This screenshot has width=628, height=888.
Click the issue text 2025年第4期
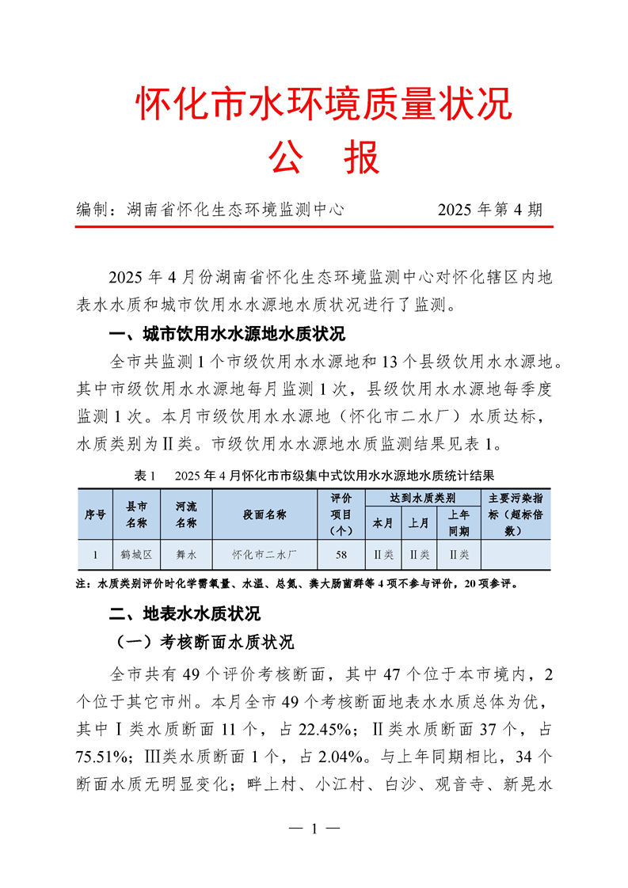click(490, 210)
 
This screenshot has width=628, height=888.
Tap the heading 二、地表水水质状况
click(185, 613)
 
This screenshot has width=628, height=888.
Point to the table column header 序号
click(96, 514)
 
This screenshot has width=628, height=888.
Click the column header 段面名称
click(265, 514)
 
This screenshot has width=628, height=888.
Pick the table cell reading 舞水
click(186, 555)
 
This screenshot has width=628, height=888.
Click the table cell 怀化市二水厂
click(265, 555)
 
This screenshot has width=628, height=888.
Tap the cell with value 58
click(341, 555)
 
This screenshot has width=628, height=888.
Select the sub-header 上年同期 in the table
click(459, 523)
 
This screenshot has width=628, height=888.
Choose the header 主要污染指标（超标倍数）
click(516, 514)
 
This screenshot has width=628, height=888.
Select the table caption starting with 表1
click(314, 476)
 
